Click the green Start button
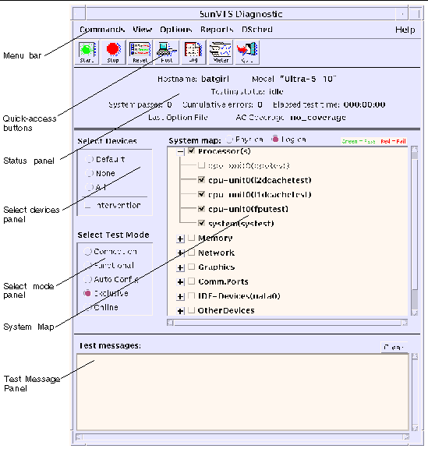87,53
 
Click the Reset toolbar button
140,53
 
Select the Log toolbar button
193,53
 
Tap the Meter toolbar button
220,53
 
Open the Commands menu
101,30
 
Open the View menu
142,30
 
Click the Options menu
176,30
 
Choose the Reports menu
216,30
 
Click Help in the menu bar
405,30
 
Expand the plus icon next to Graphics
181,267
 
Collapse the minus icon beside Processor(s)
181,151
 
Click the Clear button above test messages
393,347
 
